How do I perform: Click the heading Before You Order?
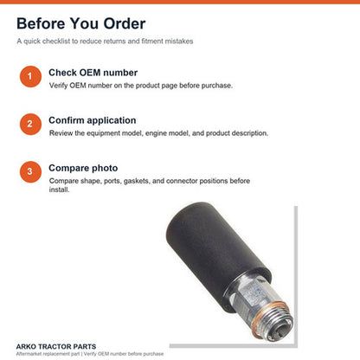coord(81,23)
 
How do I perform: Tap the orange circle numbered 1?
coord(30,76)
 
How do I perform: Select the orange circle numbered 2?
coord(30,124)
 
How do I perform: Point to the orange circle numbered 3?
coord(30,171)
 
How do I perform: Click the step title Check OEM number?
coord(93,73)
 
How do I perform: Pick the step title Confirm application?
coord(93,120)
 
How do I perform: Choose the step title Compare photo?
coord(83,168)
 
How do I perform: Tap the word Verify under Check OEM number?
coord(59,86)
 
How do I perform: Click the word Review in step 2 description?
coord(61,133)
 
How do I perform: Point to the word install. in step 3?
coord(59,190)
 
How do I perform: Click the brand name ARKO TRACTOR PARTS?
coord(56,346)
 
